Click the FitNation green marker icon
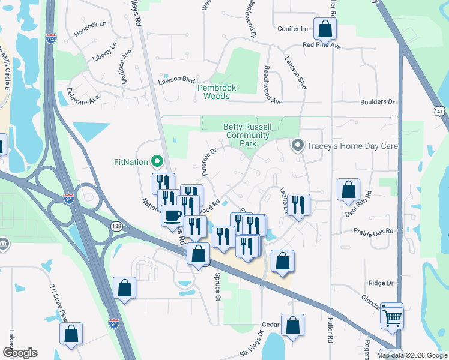pyautogui.click(x=157, y=161)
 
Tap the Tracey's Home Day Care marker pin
pyautogui.click(x=297, y=146)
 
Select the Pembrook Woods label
pyautogui.click(x=217, y=92)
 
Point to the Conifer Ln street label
pyautogui.click(x=293, y=28)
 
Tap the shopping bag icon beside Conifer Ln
pyautogui.click(x=325, y=28)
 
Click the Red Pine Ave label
pyautogui.click(x=322, y=46)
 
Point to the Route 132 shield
pyautogui.click(x=116, y=226)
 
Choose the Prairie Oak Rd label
pyautogui.click(x=373, y=231)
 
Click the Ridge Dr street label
pyautogui.click(x=380, y=283)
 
